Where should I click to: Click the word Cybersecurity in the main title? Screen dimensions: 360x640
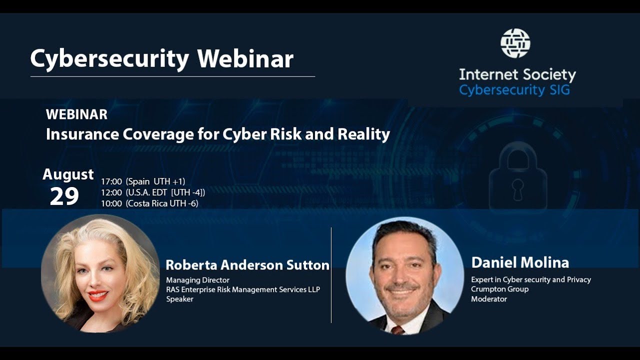click(109, 59)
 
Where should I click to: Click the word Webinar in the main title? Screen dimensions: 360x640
click(245, 59)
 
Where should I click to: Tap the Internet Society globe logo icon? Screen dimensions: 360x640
click(515, 43)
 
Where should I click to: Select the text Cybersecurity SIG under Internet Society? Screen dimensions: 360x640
click(514, 90)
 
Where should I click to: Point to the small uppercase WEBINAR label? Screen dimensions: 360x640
click(76, 114)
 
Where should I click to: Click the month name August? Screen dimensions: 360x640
click(68, 174)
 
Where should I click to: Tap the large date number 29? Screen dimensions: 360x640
click(64, 196)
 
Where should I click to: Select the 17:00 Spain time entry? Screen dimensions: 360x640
click(143, 181)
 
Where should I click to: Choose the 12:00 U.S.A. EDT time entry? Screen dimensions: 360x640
click(153, 192)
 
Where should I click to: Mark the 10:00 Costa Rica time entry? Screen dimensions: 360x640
click(149, 203)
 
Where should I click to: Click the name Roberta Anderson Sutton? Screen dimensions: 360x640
click(247, 265)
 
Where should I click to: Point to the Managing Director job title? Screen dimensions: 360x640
click(197, 280)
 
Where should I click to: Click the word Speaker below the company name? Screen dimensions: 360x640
click(179, 299)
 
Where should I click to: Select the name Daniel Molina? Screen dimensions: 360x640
click(520, 262)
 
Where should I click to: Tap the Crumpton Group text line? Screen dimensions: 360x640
click(499, 289)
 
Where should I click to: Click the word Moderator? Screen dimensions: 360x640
click(489, 299)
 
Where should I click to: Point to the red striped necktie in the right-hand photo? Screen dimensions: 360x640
click(397, 330)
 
